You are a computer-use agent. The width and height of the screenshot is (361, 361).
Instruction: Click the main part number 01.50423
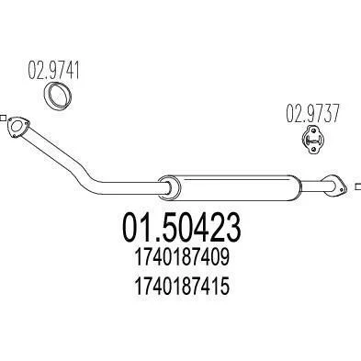pyautogui.click(x=182, y=228)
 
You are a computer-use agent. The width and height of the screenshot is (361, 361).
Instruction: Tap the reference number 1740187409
pyautogui.click(x=182, y=257)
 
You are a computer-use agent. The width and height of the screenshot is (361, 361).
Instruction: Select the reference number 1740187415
pyautogui.click(x=182, y=287)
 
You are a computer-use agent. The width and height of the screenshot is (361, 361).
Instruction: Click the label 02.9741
pyautogui.click(x=53, y=70)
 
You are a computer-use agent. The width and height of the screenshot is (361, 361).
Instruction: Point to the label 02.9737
pyautogui.click(x=312, y=113)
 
